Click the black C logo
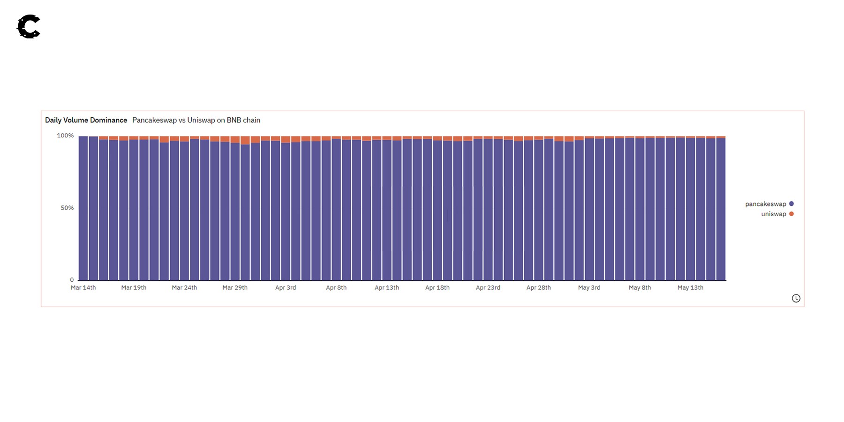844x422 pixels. pos(29,27)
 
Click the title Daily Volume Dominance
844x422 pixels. pos(86,120)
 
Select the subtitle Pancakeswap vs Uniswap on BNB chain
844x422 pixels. pos(196,120)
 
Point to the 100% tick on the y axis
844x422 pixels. pos(65,136)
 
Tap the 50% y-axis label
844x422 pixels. pos(67,208)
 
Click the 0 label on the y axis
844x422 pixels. pos(72,280)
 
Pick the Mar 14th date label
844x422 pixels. pos(83,287)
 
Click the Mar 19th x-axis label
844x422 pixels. pos(134,287)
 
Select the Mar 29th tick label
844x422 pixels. pos(235,287)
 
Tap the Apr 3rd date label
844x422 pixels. pos(286,287)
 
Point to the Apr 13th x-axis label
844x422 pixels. pos(387,287)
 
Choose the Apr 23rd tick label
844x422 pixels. pos(488,287)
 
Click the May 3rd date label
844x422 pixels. pos(589,287)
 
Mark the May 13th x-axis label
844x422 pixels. pos(690,287)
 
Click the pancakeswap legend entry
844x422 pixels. pos(765,204)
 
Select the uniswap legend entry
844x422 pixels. pos(773,214)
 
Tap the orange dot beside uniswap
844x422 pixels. pos(791,214)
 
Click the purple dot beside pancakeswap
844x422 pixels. pos(791,204)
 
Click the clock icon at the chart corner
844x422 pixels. pos(796,298)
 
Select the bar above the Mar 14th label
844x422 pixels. pos(83,209)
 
